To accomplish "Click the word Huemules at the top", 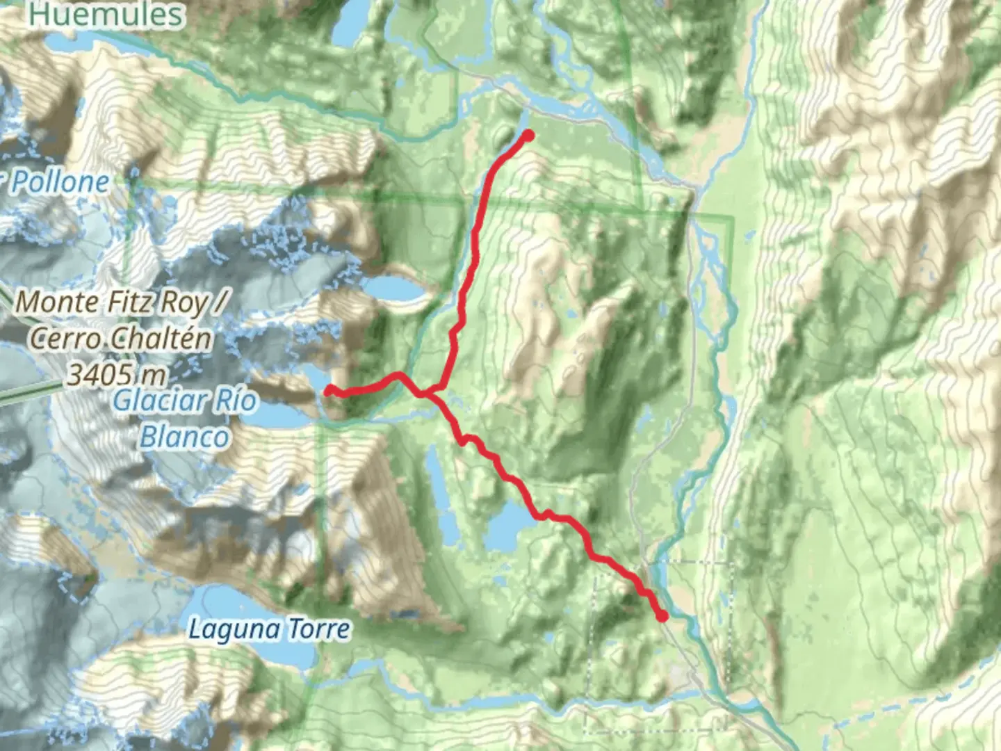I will point(106,14).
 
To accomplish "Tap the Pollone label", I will point(60,183).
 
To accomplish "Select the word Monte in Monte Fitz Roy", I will point(58,302).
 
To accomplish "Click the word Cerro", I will point(67,339).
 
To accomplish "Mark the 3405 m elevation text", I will point(116,375).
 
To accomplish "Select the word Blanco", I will point(184,437).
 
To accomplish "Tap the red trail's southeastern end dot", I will point(662,615).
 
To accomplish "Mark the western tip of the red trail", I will point(329,391).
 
